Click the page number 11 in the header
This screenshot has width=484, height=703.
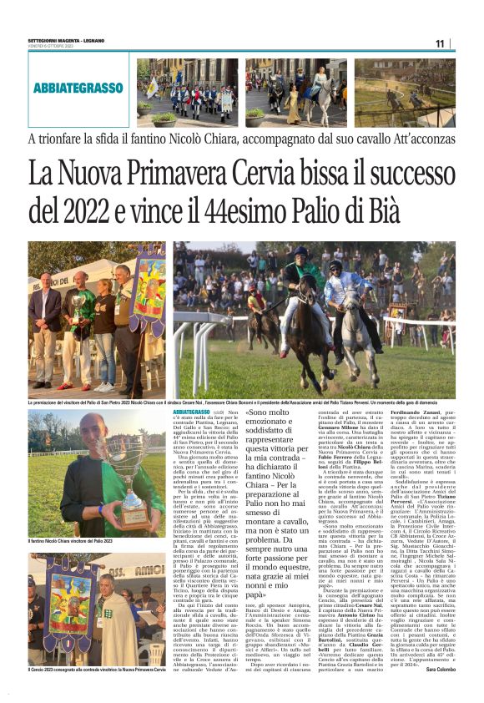(440, 43)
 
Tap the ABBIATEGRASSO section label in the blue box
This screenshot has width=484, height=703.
(78, 88)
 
